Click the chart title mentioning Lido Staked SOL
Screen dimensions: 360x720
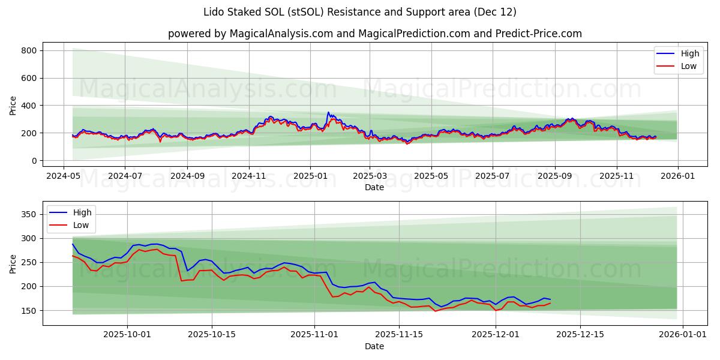coord(360,12)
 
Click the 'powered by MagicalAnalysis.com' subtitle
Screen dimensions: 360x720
coord(374,34)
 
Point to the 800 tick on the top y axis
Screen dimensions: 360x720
coord(29,50)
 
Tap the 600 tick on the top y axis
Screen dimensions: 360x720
coord(29,78)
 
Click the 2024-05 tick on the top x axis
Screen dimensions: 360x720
coord(64,176)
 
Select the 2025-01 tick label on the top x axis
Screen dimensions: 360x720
coord(310,176)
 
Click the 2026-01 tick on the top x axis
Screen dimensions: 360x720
coord(678,176)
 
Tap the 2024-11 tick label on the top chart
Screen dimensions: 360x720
coord(248,176)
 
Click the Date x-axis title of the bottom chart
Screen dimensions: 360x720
coord(374,346)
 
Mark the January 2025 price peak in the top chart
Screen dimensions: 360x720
coord(328,112)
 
